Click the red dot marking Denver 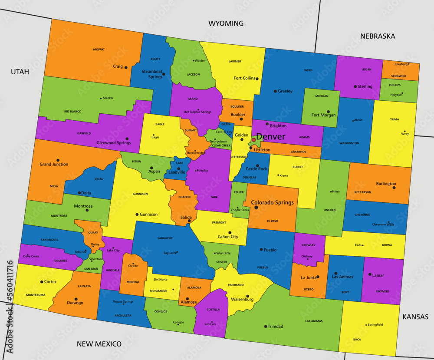254,140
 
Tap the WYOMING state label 226,23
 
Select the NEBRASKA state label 378,36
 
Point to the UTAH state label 20,72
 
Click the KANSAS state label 415,317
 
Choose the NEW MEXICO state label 99,344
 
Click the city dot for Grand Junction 58,160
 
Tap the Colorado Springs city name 272,202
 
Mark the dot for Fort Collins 257,79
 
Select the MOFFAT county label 99,50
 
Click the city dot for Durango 76,299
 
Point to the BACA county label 357,340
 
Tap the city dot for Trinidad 266,326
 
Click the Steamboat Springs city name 152,74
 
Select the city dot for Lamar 370,274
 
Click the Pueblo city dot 261,250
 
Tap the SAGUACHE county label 164,238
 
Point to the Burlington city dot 394,188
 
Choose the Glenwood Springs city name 113,142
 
